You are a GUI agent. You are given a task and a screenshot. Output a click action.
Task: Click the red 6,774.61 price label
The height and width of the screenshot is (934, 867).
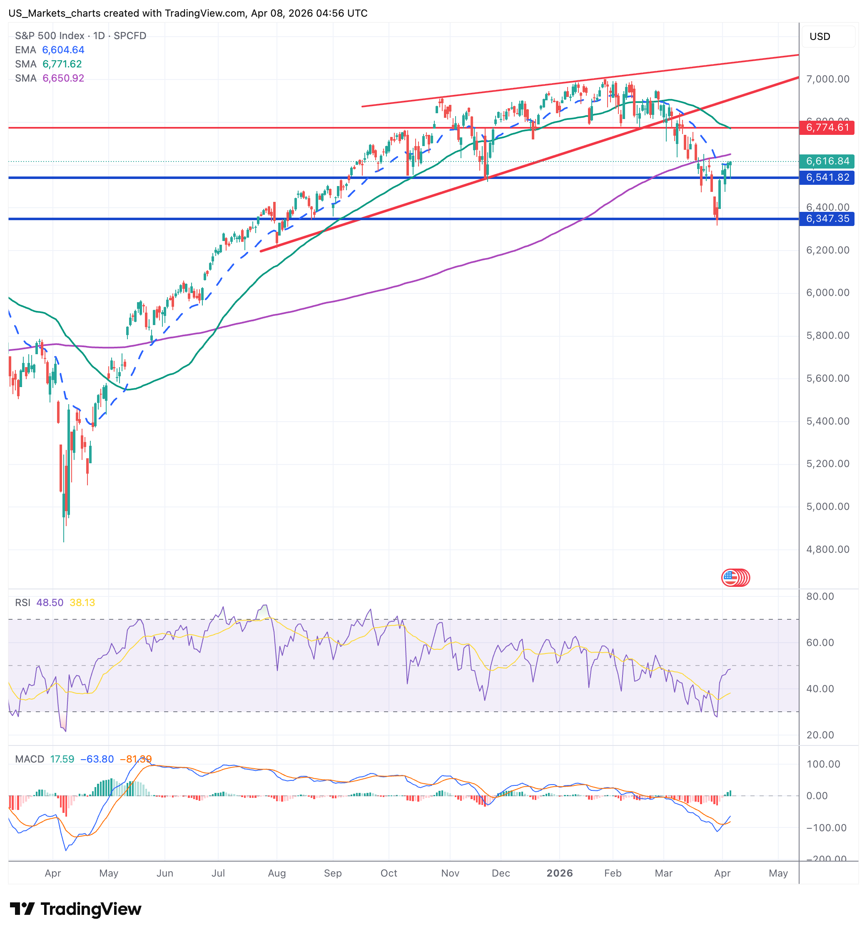tap(827, 127)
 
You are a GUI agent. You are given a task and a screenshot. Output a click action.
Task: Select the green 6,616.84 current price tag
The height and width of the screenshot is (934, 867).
tap(827, 161)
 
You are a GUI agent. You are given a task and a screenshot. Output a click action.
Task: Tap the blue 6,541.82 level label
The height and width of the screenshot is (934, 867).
tap(827, 178)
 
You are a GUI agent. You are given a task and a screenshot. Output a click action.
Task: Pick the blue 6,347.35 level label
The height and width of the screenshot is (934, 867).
tap(827, 219)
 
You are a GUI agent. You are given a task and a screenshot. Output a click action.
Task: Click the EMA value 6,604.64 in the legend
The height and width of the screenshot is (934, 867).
tap(63, 50)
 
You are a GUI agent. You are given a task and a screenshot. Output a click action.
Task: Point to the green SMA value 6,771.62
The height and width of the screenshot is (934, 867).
tap(62, 64)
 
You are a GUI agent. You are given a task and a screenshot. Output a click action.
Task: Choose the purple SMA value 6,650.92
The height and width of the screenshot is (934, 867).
tap(63, 78)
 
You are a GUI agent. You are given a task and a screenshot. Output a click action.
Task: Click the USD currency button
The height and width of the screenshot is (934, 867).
tap(820, 37)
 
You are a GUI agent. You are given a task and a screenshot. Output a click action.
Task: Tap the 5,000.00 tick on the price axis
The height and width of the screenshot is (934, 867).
tap(827, 507)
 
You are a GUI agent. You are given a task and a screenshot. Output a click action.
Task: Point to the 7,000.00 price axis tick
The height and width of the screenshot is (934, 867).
tap(827, 79)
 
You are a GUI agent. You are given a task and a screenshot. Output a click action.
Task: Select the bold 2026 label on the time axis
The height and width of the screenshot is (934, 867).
tap(560, 873)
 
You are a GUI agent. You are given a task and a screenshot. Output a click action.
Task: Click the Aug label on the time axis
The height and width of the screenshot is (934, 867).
tap(277, 873)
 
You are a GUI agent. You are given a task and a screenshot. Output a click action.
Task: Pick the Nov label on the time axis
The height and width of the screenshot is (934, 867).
tap(450, 873)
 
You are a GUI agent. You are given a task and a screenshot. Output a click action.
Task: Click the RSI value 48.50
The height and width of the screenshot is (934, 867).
tap(50, 603)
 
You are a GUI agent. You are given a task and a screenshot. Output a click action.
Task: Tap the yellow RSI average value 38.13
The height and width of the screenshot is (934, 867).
tap(82, 603)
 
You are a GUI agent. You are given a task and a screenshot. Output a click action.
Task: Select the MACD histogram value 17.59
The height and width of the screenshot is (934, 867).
tap(62, 759)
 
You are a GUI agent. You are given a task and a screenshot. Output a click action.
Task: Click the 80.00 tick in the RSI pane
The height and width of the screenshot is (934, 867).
tap(820, 596)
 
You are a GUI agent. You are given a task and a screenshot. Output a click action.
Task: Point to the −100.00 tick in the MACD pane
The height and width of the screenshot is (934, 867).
tap(826, 827)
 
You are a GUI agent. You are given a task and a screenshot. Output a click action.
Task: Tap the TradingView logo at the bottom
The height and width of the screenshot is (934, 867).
tap(75, 909)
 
